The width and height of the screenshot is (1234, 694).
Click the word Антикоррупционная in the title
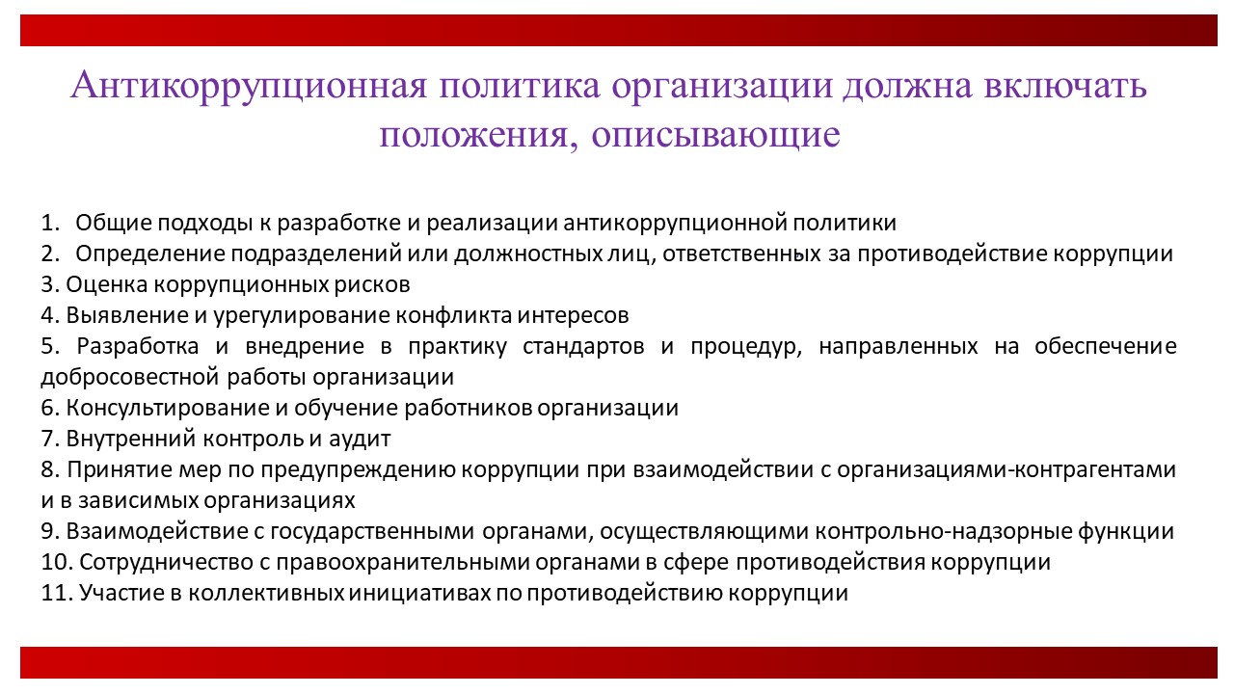point(249,86)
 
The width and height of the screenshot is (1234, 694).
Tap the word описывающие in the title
point(715,134)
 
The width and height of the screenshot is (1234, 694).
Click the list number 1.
point(49,223)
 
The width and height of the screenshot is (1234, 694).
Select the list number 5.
point(49,346)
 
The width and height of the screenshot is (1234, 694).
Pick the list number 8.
point(49,469)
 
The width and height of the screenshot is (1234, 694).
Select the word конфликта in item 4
point(453,315)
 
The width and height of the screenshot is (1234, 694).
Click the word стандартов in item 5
point(583,347)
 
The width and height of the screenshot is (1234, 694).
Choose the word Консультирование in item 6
point(167,409)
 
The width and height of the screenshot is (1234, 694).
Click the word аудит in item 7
point(360,440)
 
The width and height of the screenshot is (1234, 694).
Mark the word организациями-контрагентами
point(1006,470)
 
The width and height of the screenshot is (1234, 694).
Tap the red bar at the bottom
point(619,662)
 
